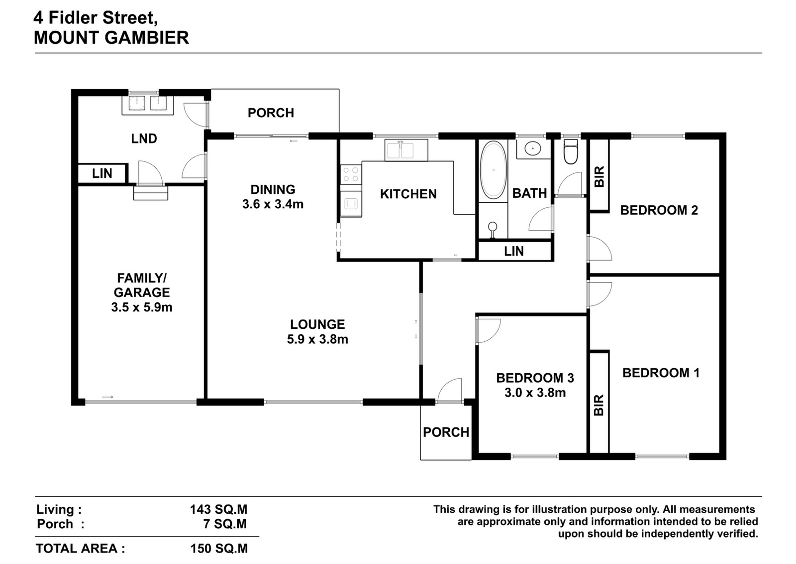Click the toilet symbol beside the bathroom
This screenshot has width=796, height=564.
click(571, 151)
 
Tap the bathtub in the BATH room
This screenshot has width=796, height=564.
click(493, 170)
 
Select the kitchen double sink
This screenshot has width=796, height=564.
click(406, 150)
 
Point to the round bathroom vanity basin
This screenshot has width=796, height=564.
click(532, 149)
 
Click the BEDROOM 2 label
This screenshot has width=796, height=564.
click(659, 210)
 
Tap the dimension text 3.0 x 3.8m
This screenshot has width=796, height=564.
click(535, 393)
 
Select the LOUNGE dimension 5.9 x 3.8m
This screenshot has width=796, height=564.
click(317, 339)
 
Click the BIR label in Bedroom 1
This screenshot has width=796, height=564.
click(599, 405)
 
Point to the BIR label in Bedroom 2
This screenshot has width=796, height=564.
click(599, 176)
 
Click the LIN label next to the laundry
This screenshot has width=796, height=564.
click(102, 174)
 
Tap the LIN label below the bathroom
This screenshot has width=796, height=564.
click(514, 251)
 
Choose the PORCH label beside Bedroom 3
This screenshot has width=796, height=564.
click(446, 432)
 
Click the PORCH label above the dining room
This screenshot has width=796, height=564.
click(271, 113)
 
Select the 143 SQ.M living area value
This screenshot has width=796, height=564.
click(218, 510)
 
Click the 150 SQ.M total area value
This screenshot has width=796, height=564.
click(219, 549)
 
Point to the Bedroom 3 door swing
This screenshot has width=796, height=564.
click(488, 331)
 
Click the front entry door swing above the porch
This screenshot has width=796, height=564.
click(450, 390)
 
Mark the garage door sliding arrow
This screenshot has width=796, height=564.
click(107, 397)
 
